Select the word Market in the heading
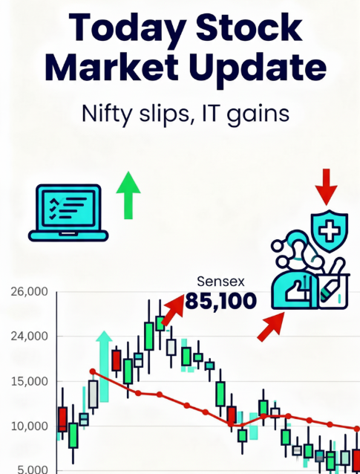[116, 68]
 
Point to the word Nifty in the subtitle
[108, 116]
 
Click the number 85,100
[221, 301]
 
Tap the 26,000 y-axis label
[29, 292]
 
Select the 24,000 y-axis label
[29, 337]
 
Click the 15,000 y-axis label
[29, 382]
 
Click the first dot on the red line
[92, 371]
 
